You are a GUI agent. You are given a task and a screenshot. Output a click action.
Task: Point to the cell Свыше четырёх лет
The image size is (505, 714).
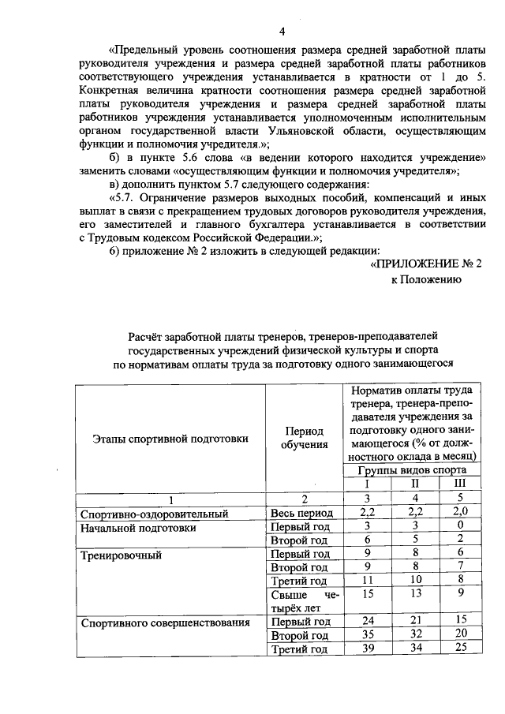click(x=304, y=601)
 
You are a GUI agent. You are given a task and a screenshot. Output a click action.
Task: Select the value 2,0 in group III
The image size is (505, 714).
click(x=460, y=513)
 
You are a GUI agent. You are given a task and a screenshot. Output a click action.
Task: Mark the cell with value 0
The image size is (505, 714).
click(x=460, y=526)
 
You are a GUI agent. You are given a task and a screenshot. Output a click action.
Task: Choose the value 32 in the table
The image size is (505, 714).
click(x=413, y=635)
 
